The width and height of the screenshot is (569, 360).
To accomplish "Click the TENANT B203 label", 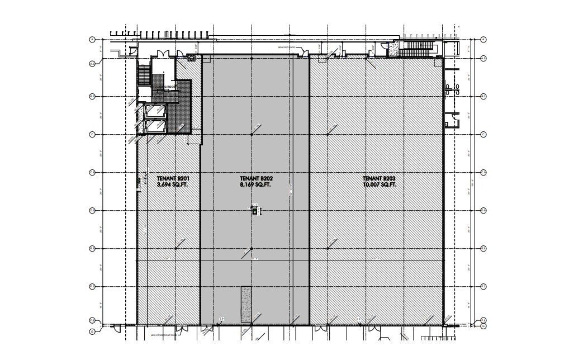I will (x=380, y=178).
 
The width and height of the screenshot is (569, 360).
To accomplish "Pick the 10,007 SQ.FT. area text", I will (x=380, y=184).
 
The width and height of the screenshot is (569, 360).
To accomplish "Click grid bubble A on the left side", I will (x=92, y=39).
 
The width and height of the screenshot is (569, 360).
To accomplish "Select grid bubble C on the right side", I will (x=483, y=134).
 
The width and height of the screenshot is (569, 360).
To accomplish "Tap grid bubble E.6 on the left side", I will (x=92, y=248).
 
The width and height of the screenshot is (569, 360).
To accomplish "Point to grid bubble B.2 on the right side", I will (x=483, y=96).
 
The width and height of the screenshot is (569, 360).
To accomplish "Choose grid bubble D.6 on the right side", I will (x=483, y=210).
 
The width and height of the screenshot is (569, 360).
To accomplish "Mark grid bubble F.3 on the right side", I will (x=483, y=286).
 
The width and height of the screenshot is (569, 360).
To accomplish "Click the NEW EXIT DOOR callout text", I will (x=288, y=48).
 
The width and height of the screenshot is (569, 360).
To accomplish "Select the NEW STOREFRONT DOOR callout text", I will (x=163, y=335).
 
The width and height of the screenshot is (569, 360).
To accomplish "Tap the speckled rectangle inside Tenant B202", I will (x=246, y=304).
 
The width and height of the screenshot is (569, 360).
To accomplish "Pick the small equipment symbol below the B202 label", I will (x=254, y=211).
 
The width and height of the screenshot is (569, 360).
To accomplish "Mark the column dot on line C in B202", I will (x=252, y=134).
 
